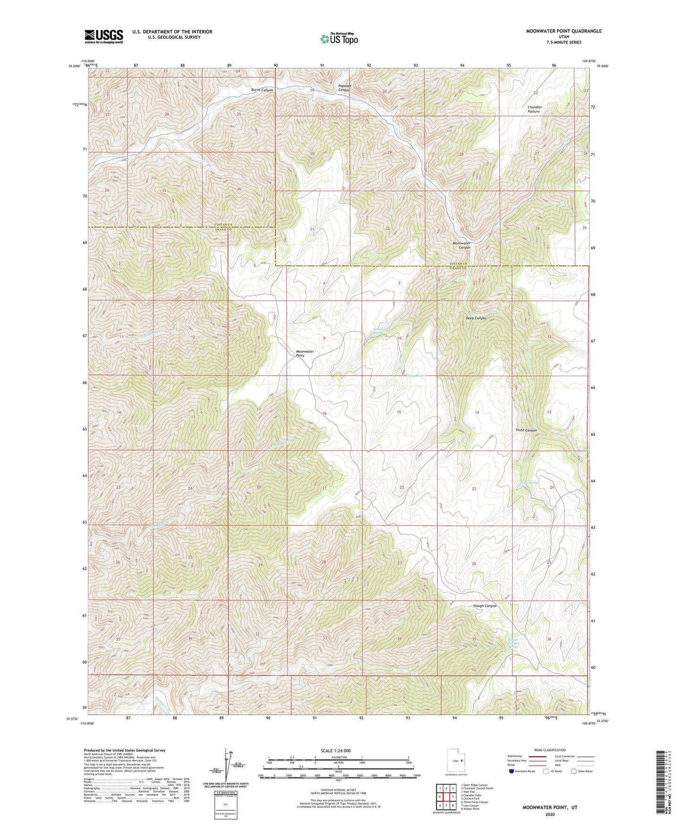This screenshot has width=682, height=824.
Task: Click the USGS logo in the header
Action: pyautogui.click(x=104, y=36)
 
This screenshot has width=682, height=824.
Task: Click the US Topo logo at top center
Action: pyautogui.click(x=338, y=39)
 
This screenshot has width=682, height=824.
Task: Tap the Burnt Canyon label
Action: pyautogui.click(x=262, y=90)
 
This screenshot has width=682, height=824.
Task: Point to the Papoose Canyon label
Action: pyautogui.click(x=345, y=88)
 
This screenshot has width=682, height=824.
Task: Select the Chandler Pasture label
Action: pyautogui.click(x=534, y=109)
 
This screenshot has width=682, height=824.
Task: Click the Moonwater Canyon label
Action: pyautogui.click(x=461, y=245)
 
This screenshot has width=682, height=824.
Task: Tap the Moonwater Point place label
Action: pyautogui.click(x=304, y=353)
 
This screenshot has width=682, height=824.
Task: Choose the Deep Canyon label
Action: pyautogui.click(x=476, y=318)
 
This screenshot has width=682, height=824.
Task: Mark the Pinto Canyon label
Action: pyautogui.click(x=526, y=430)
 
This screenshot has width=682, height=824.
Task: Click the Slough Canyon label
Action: pyautogui.click(x=485, y=606)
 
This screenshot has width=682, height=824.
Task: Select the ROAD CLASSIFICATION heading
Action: pyautogui.click(x=550, y=750)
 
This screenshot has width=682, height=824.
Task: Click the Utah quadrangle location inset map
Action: pyautogui.click(x=456, y=761)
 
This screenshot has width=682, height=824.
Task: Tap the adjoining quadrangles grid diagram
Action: pyautogui.click(x=446, y=797)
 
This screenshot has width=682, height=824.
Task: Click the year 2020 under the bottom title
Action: pyautogui.click(x=550, y=814)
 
